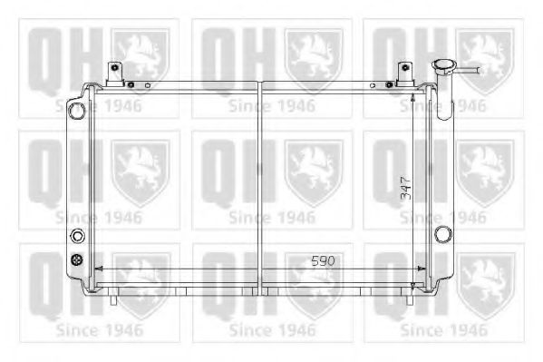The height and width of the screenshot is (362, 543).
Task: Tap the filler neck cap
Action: pyautogui.click(x=444, y=67)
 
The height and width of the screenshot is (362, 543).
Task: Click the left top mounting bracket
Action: pyautogui.click(x=115, y=73)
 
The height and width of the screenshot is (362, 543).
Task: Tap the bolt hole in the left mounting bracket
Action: pyautogui.click(x=115, y=67)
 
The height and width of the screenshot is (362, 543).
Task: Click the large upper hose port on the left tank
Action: pyautogui.click(x=76, y=110)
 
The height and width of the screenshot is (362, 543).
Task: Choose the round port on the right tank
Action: pyautogui.click(x=442, y=234)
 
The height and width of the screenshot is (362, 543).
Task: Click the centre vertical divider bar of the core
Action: pyautogui.click(x=260, y=181)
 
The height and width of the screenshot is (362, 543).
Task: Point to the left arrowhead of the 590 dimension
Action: pyautogui.click(x=97, y=269)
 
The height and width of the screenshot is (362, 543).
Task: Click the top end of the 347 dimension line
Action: pyautogui.click(x=413, y=91)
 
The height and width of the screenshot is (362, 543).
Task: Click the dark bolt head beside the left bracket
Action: pyautogui.click(x=132, y=85)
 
